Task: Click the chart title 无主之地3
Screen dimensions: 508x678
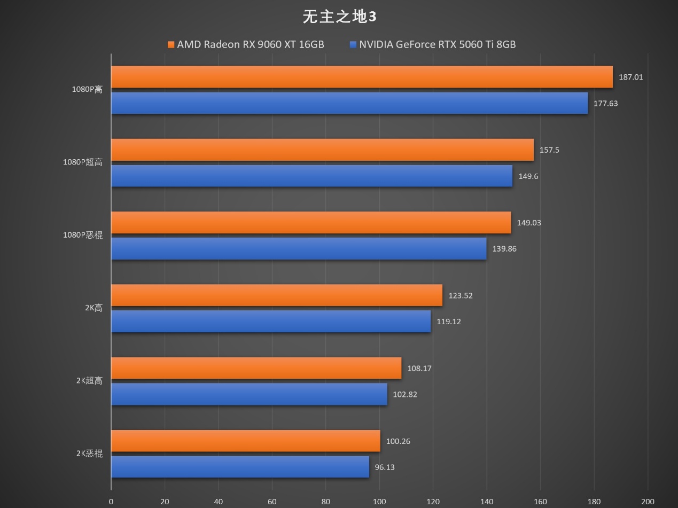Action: tap(339, 17)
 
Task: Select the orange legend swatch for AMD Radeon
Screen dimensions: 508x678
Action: tap(171, 45)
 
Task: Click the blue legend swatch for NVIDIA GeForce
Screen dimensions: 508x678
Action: tap(353, 45)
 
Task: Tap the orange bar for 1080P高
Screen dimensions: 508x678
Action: tap(362, 77)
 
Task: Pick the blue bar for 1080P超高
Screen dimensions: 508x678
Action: tap(311, 176)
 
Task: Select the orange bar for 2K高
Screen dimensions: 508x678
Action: tap(277, 295)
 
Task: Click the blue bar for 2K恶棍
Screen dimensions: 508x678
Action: tap(240, 467)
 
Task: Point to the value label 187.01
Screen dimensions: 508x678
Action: tap(630, 77)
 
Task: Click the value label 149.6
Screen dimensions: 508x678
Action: tap(528, 176)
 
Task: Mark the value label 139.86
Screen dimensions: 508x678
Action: tap(504, 249)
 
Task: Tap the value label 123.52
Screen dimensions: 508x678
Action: tap(460, 295)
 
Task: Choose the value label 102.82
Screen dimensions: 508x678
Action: tap(404, 395)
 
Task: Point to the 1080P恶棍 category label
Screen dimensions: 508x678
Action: tap(83, 235)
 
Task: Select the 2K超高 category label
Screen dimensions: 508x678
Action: tap(89, 381)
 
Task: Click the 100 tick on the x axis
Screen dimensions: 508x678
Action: tap(379, 501)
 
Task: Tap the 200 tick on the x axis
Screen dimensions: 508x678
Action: tap(648, 501)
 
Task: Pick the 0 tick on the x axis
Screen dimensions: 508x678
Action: tap(111, 501)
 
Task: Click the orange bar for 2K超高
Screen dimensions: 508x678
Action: tap(256, 368)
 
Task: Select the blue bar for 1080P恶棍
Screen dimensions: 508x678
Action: tap(299, 249)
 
